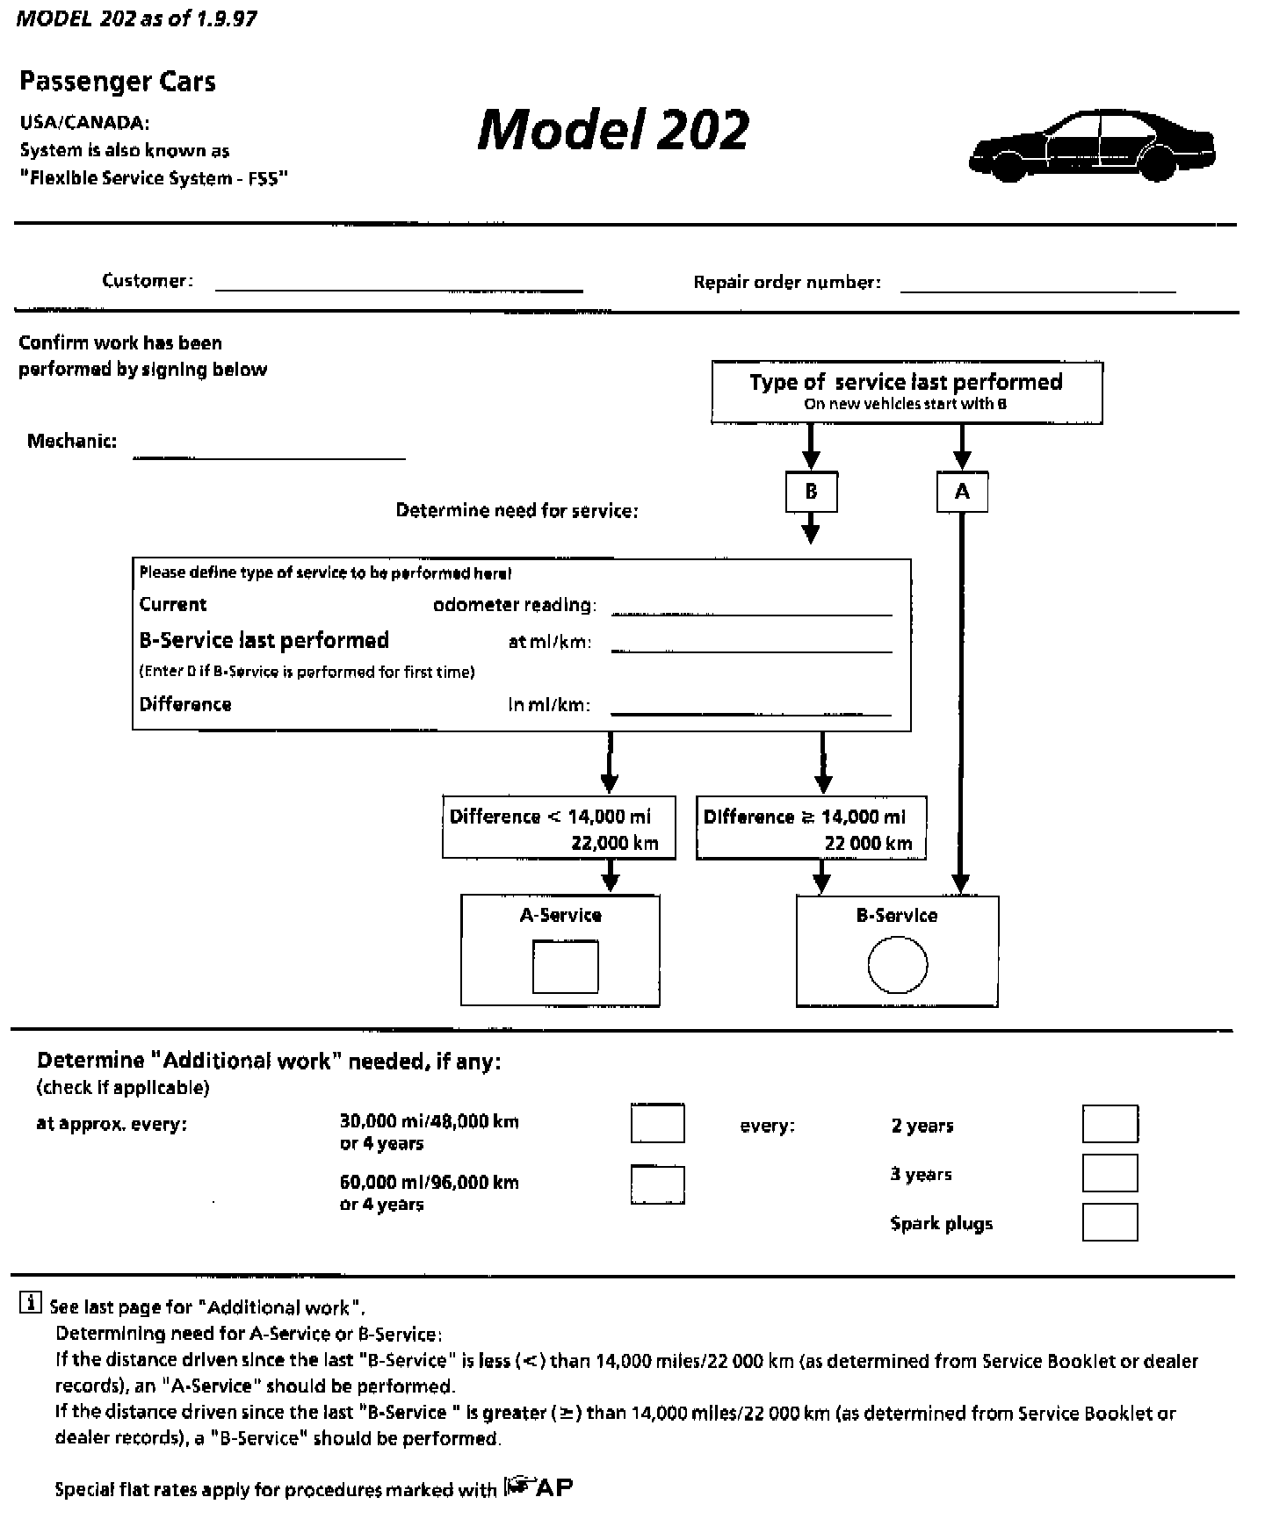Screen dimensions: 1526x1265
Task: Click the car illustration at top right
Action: point(1092,146)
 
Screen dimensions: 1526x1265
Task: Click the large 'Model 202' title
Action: point(613,130)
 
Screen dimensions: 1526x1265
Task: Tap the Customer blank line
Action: point(399,287)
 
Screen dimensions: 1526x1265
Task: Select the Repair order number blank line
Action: point(1037,289)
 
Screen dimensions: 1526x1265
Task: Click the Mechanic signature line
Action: point(269,456)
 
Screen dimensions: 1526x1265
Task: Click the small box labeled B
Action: point(811,492)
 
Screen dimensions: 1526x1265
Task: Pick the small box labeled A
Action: point(962,492)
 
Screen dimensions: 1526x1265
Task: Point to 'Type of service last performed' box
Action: point(907,392)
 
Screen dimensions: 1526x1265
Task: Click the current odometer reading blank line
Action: point(751,613)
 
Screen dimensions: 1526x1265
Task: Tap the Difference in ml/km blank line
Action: point(751,713)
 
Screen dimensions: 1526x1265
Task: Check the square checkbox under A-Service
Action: point(566,967)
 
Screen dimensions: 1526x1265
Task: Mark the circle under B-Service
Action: point(898,965)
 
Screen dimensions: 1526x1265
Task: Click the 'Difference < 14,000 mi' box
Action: point(560,828)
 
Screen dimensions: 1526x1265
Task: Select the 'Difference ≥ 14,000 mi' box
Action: point(811,828)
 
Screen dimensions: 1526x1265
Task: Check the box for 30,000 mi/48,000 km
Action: point(657,1124)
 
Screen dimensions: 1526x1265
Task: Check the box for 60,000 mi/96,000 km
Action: point(657,1184)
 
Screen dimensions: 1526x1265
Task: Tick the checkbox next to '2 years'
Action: point(1110,1124)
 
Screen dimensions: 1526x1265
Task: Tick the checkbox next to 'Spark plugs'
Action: point(1110,1222)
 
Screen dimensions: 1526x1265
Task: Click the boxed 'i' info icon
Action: point(30,1303)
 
